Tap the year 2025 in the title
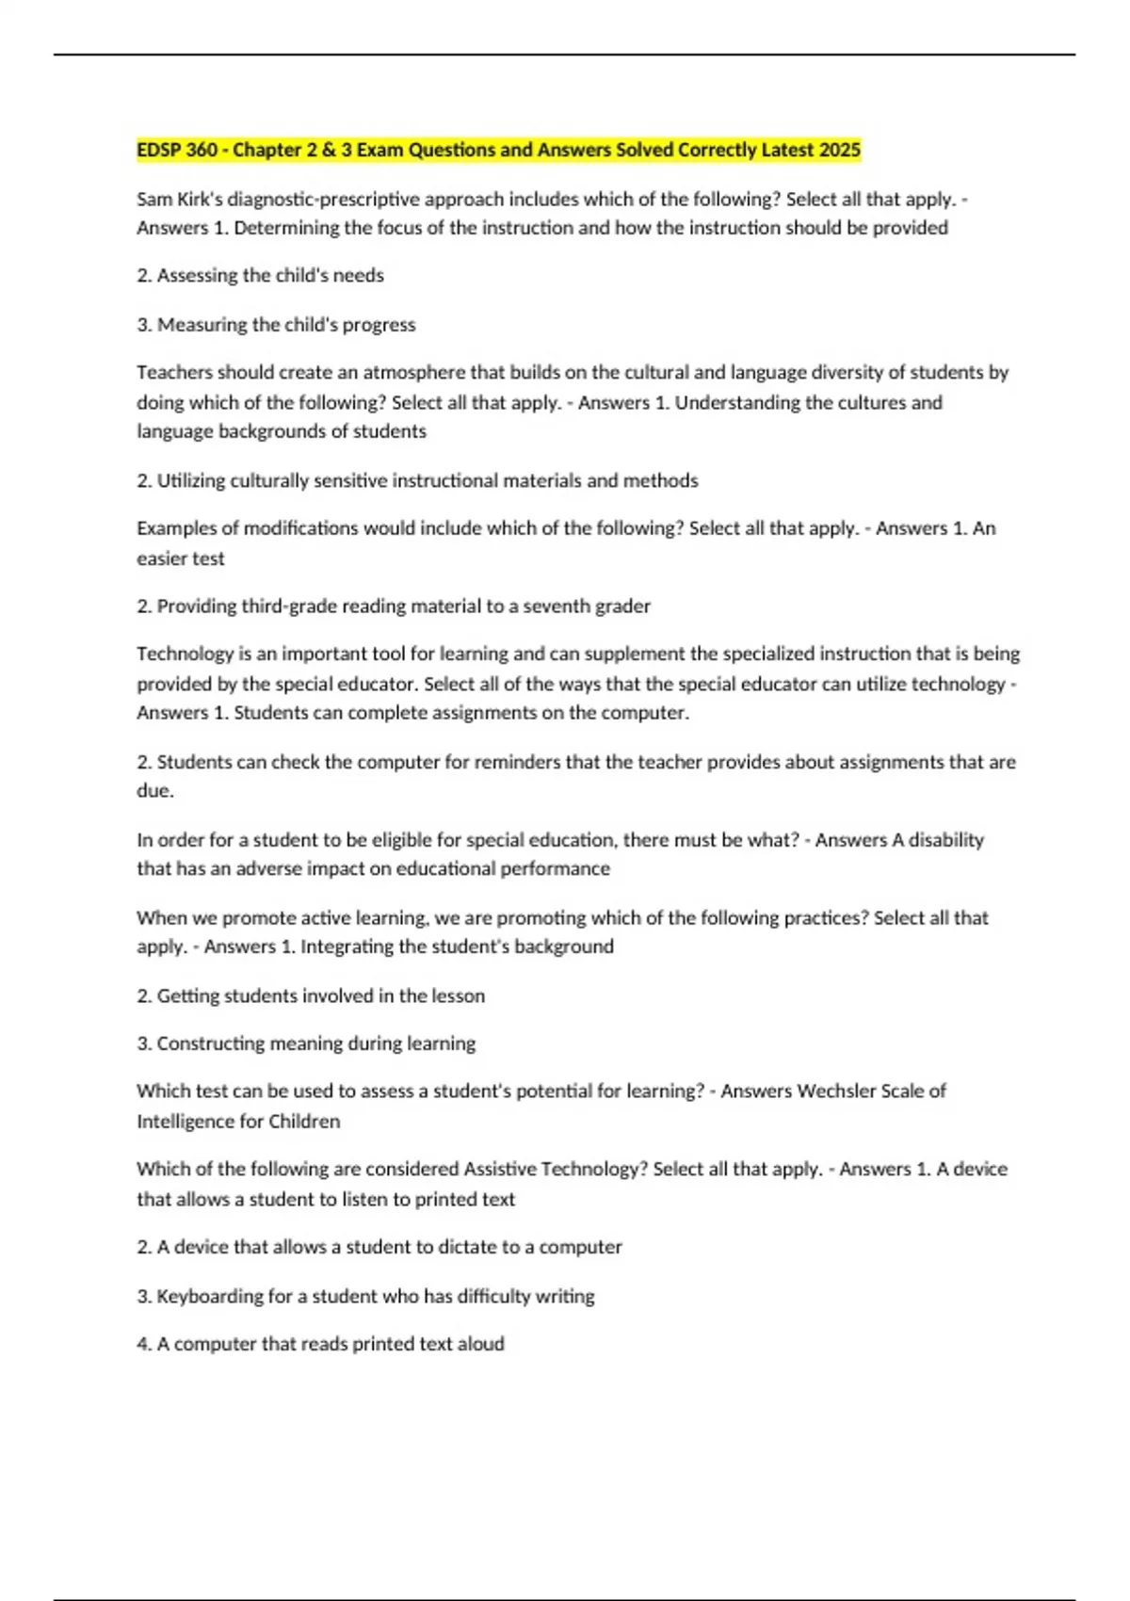point(840,150)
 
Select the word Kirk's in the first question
point(197,199)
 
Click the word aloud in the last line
point(480,1344)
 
